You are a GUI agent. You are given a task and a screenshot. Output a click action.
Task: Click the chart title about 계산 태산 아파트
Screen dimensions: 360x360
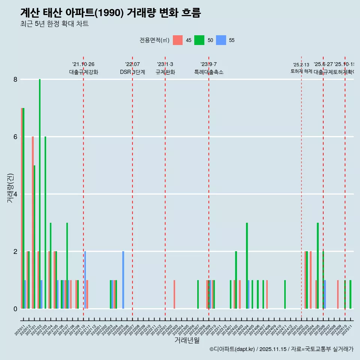pos(111,13)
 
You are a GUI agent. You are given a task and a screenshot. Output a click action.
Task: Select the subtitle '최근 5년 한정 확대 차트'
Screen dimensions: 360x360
pos(54,24)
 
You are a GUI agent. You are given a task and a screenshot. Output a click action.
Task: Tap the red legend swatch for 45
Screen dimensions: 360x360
pos(178,40)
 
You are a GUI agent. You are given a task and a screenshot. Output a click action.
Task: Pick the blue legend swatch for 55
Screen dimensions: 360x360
pos(222,40)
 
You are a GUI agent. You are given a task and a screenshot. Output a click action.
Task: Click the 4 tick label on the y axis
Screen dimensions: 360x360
pos(15,194)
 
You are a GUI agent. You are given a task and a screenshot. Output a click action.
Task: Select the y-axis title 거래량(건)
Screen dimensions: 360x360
pos(10,188)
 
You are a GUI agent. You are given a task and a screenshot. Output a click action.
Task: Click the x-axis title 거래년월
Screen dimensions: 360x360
pos(187,340)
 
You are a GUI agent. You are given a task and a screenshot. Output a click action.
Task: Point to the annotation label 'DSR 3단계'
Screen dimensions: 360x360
pos(132,72)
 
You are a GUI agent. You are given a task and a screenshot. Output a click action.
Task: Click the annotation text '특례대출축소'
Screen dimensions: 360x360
pos(209,72)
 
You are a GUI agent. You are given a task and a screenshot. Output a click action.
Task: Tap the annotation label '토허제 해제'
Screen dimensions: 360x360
pos(301,71)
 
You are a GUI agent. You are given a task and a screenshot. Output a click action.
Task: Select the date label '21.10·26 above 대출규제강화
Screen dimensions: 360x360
pos(83,64)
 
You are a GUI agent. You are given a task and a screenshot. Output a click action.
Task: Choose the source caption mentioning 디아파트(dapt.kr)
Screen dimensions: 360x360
pos(281,349)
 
